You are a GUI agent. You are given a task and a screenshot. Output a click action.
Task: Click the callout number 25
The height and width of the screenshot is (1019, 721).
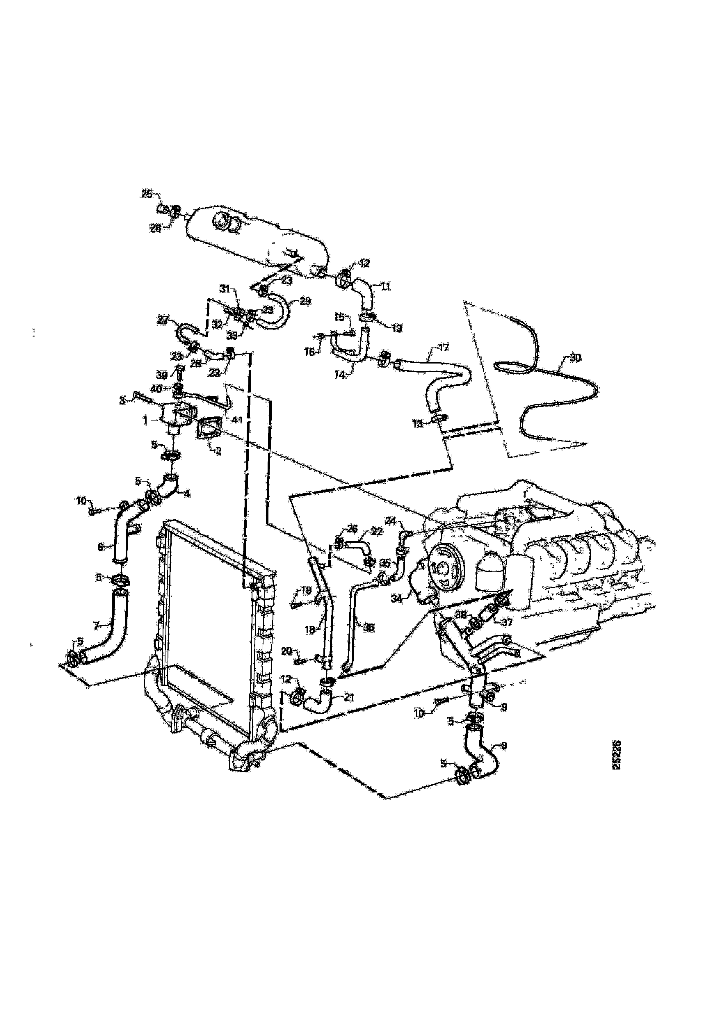pos(147,194)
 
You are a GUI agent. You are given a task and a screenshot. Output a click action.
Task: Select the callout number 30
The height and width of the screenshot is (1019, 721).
pos(575,358)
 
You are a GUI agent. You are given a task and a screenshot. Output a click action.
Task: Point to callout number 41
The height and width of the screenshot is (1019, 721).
pos(238,419)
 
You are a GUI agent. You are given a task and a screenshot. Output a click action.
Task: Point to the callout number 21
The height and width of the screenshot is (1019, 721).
pos(349,698)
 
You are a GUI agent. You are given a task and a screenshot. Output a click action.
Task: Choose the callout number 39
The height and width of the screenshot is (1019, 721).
pos(162,375)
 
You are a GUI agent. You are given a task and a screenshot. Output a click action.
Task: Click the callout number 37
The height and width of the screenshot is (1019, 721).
pos(507,622)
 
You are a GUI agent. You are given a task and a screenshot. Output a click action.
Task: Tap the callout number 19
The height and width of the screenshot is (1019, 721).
pos(306,590)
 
